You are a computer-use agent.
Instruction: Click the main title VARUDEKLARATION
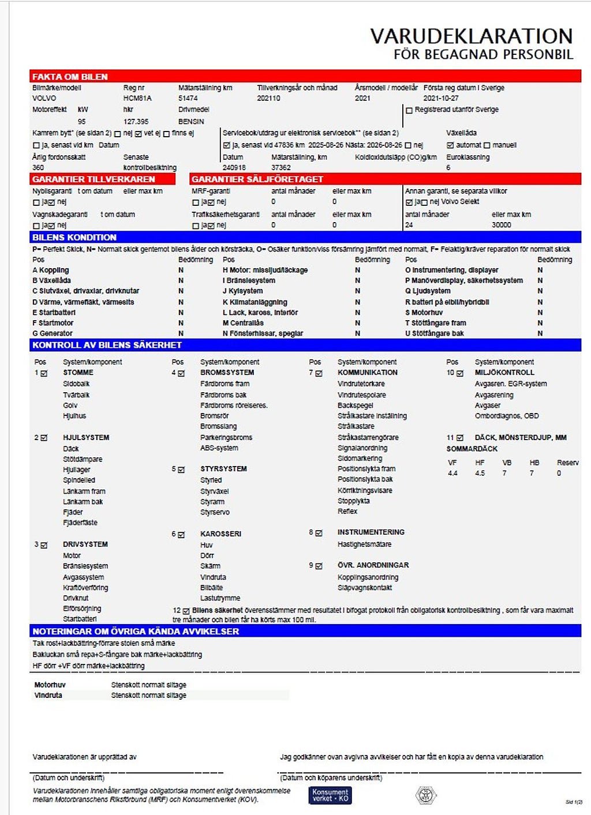pyautogui.click(x=471, y=36)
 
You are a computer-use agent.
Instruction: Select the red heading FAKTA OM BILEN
pyautogui.click(x=70, y=77)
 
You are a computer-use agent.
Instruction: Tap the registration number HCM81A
pyautogui.click(x=137, y=99)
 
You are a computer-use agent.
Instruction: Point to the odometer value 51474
pyautogui.click(x=188, y=99)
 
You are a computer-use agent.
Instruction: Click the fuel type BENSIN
pyautogui.click(x=191, y=122)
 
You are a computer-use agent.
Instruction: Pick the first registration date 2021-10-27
pyautogui.click(x=441, y=99)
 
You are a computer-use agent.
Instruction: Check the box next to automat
pyautogui.click(x=450, y=145)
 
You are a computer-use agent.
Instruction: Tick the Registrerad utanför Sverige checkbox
pyautogui.click(x=409, y=110)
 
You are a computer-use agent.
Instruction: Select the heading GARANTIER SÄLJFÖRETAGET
pyautogui.click(x=257, y=179)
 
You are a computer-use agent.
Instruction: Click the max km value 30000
pyautogui.click(x=501, y=225)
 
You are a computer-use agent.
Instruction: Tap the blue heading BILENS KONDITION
pyautogui.click(x=74, y=238)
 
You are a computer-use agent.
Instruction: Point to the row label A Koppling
pyautogui.click(x=51, y=270)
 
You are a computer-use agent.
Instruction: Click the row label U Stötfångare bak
pyautogui.click(x=434, y=333)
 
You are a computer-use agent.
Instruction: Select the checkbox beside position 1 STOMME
pyautogui.click(x=44, y=373)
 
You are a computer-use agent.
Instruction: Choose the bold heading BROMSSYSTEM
pyautogui.click(x=227, y=373)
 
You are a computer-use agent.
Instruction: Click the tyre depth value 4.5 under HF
pyautogui.click(x=480, y=474)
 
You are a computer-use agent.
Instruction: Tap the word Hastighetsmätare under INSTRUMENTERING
pyautogui.click(x=364, y=544)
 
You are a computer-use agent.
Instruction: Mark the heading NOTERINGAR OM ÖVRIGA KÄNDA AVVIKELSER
pyautogui.click(x=136, y=632)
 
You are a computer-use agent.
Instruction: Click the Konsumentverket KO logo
pyautogui.click(x=330, y=795)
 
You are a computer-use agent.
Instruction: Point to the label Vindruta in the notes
pyautogui.click(x=48, y=696)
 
